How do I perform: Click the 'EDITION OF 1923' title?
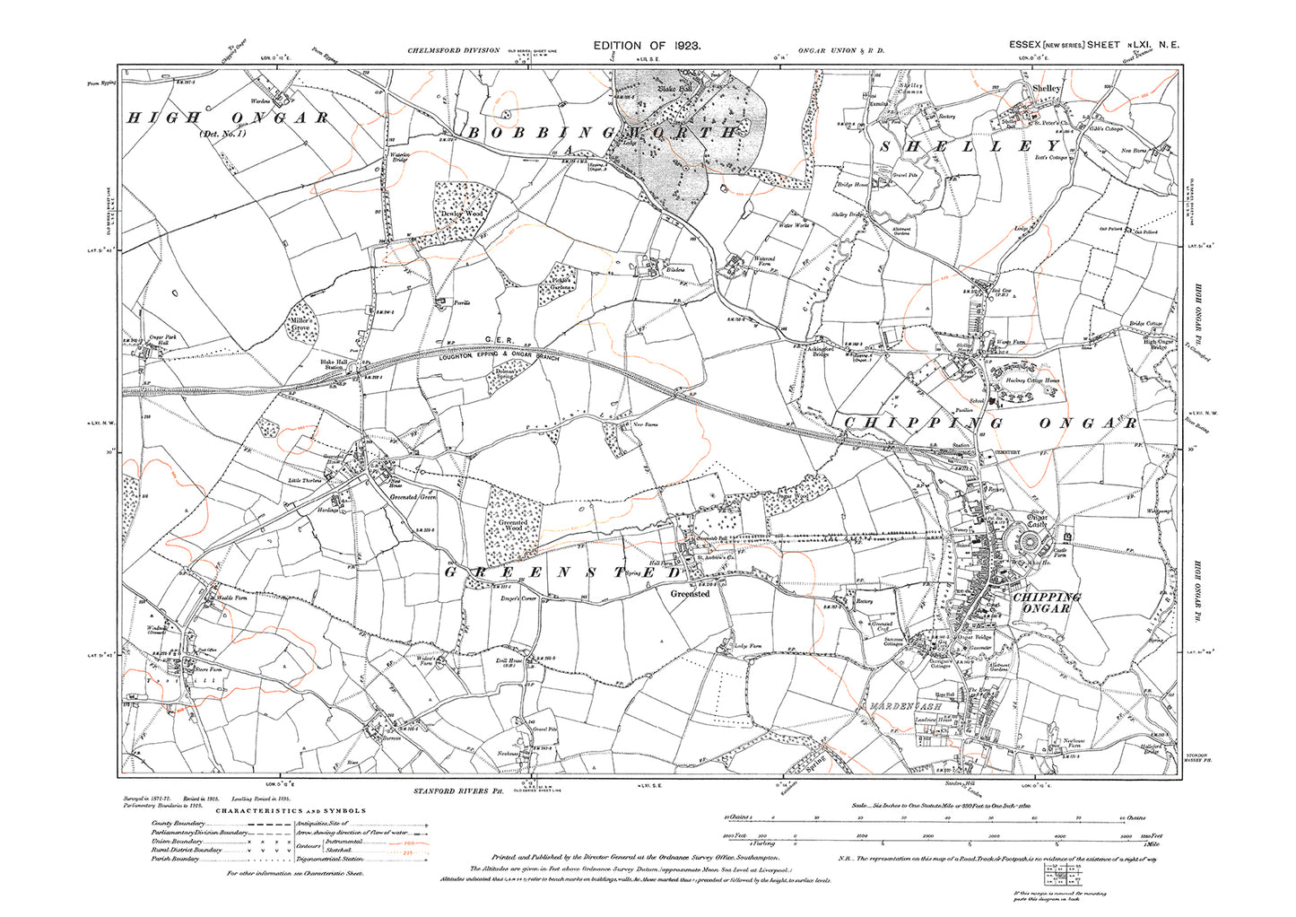647,45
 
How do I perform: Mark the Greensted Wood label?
513,526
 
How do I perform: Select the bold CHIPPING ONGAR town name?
1047,602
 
